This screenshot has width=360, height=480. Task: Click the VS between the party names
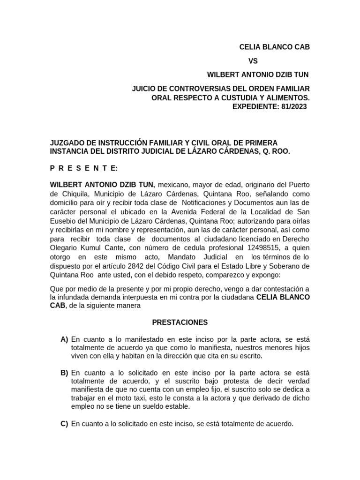[253, 61]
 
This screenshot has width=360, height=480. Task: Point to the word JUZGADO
[69, 142]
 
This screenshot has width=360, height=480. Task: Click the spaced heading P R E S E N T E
[84, 168]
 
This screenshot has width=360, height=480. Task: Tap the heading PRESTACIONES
[180, 322]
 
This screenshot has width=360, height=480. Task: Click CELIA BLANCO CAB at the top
[274, 47]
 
